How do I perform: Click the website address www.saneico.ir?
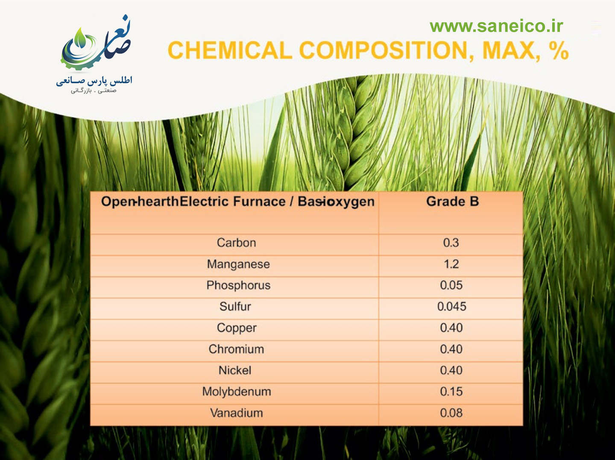click(x=496, y=26)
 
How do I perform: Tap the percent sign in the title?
click(x=558, y=50)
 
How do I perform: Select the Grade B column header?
click(x=452, y=202)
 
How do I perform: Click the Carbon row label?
click(x=237, y=243)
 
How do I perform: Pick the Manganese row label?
click(x=238, y=264)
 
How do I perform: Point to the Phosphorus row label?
click(x=238, y=285)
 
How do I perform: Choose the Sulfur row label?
click(x=235, y=306)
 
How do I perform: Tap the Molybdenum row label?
click(x=237, y=391)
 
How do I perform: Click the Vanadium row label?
click(x=237, y=413)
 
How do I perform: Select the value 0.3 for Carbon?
click(x=451, y=243)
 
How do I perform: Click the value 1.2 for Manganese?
click(x=451, y=264)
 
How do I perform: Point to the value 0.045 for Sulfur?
click(x=452, y=306)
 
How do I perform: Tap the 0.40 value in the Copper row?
click(x=451, y=328)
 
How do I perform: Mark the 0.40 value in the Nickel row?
click(x=451, y=370)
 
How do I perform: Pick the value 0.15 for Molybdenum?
click(x=451, y=391)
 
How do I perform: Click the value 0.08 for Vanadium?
click(x=451, y=413)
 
